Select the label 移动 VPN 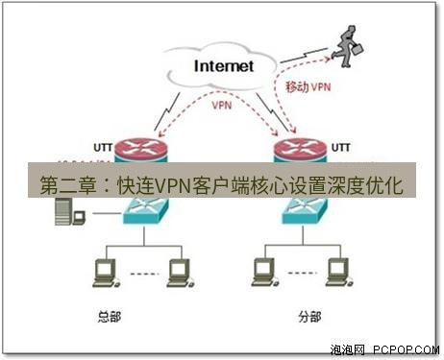[x=309, y=86]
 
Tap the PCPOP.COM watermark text [x=405, y=349]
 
